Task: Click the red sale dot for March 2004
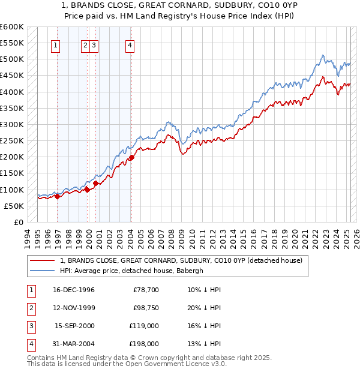[x=131, y=158]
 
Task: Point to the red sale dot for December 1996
[x=57, y=196]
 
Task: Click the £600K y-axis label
[x=12, y=27]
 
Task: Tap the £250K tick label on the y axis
[x=12, y=140]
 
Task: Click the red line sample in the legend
[x=43, y=260]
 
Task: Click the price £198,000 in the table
[x=144, y=344]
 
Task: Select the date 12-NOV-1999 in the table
[x=74, y=308]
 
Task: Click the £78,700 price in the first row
[x=146, y=290]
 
